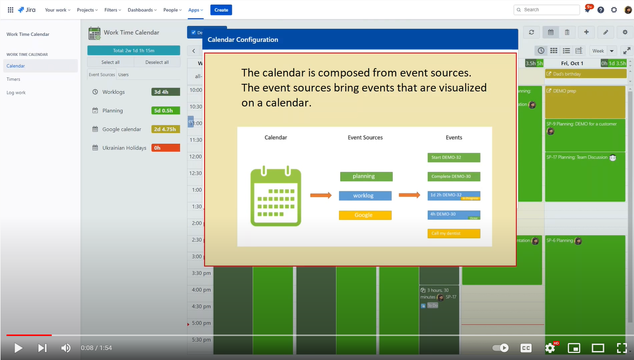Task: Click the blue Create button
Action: click(221, 10)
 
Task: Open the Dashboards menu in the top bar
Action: click(142, 10)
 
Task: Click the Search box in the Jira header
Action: click(547, 9)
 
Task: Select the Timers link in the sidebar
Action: click(13, 79)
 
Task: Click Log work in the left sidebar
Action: click(16, 93)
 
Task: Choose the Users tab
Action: click(123, 75)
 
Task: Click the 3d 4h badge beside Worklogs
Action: click(165, 92)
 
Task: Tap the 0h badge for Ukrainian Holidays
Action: click(165, 148)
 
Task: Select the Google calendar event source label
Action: click(122, 129)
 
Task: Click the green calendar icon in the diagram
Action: click(276, 197)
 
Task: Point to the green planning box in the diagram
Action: click(366, 176)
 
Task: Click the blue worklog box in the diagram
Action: click(365, 196)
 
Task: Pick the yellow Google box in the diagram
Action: click(365, 215)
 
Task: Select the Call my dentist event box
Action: click(454, 233)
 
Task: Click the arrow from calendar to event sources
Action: click(321, 195)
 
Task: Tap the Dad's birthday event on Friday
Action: click(585, 74)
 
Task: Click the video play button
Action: click(18, 348)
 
